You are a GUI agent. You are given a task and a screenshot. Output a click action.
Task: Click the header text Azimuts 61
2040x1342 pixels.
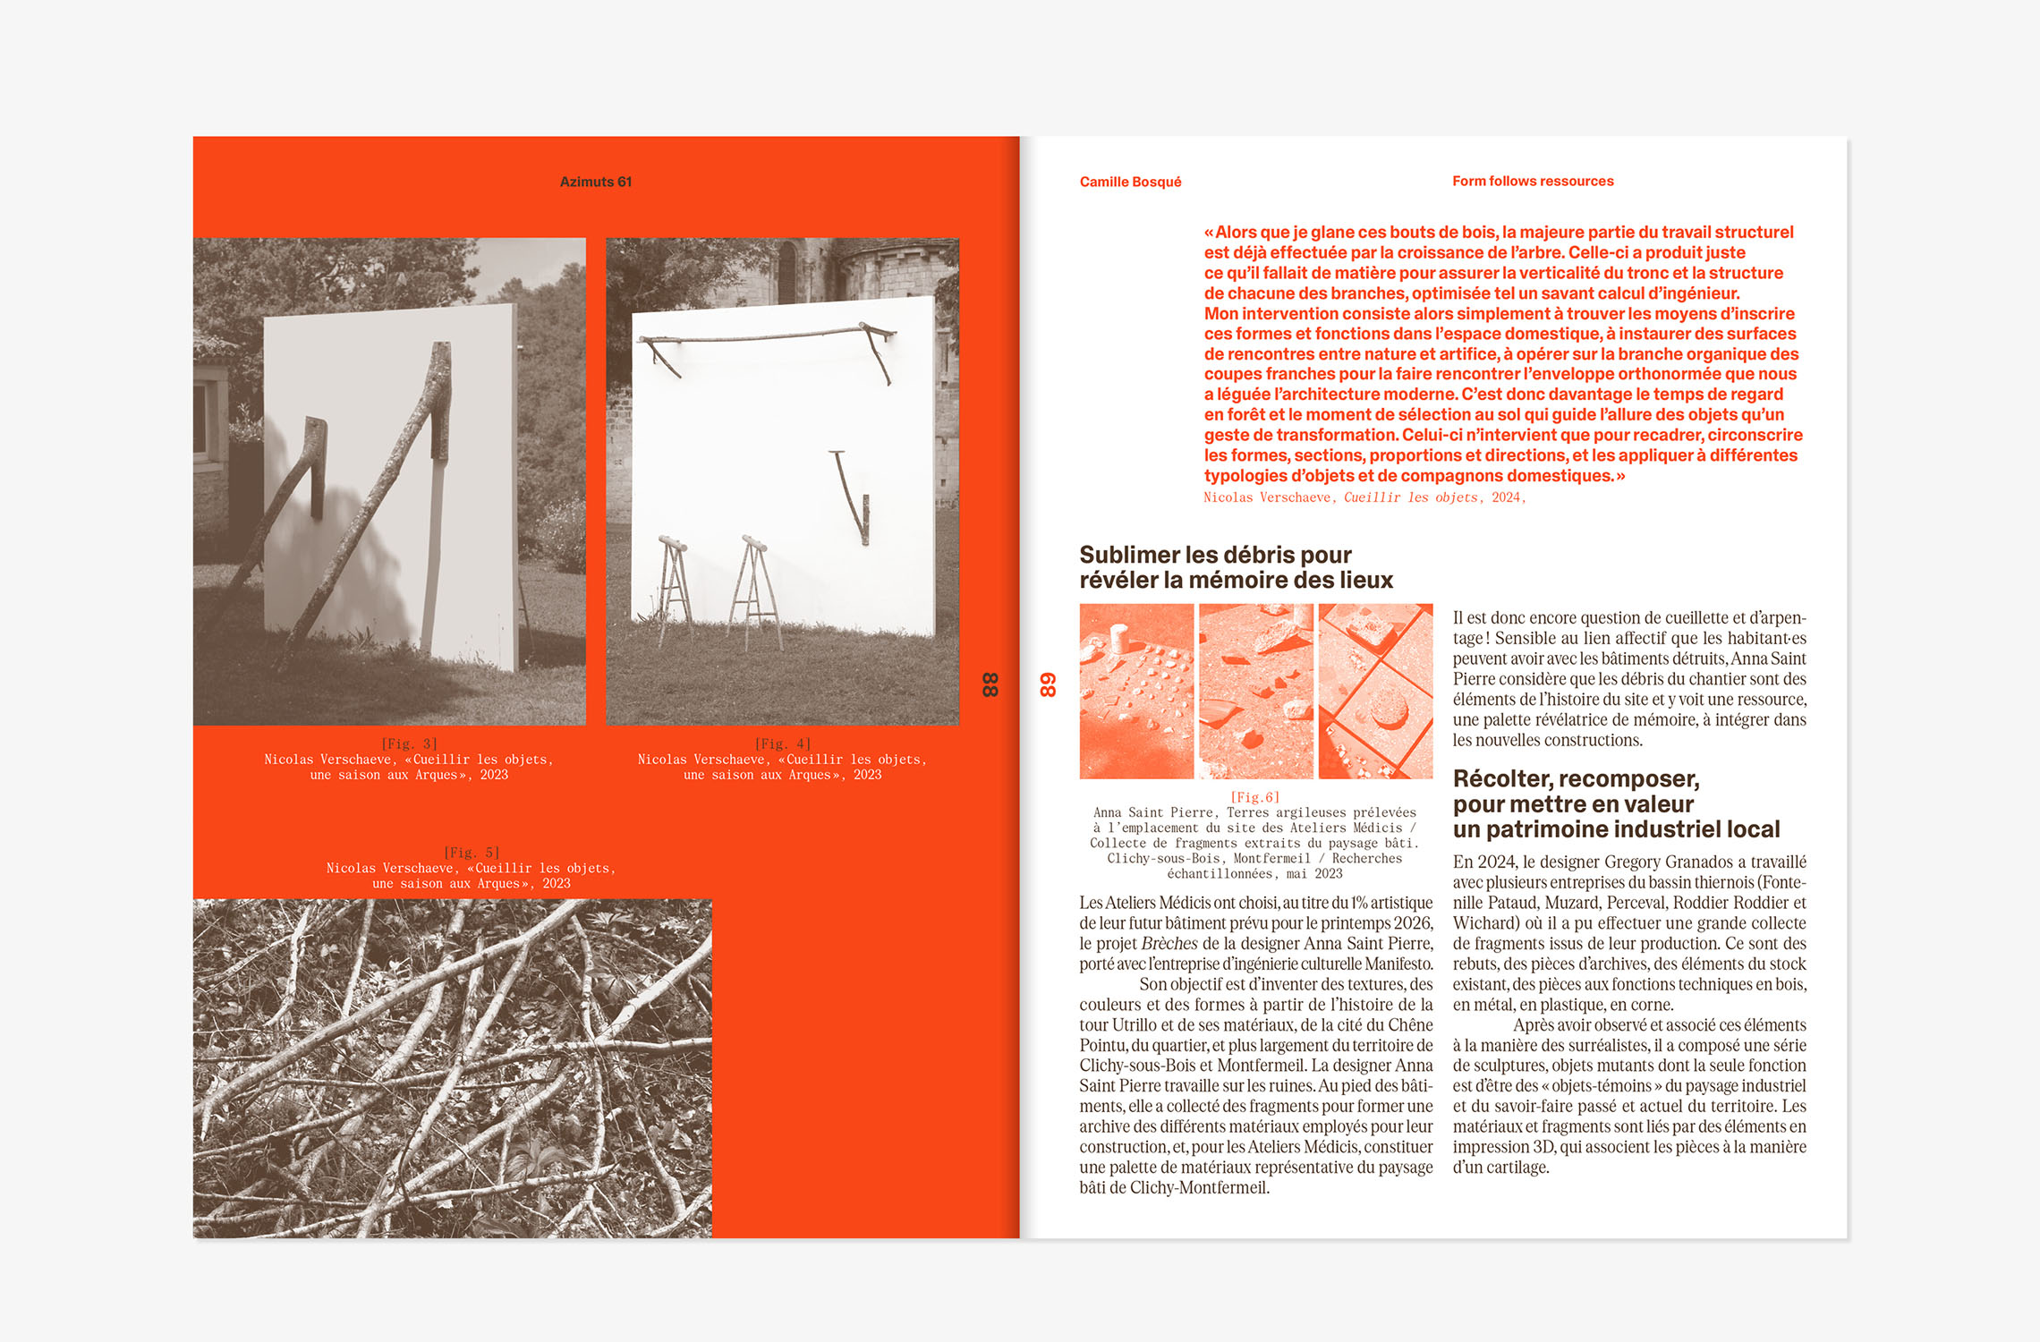coord(595,182)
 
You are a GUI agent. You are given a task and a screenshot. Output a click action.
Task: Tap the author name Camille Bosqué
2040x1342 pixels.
coord(1130,182)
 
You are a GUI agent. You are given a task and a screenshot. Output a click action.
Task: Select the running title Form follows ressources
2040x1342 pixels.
coord(1532,181)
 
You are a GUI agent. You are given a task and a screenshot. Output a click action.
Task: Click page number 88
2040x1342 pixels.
coord(990,684)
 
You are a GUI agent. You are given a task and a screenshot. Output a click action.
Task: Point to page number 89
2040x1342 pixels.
coord(1048,684)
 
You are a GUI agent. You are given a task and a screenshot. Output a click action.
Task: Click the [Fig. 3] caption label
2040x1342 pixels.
coord(409,743)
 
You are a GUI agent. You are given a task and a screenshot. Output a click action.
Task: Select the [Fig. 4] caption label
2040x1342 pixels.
coord(782,743)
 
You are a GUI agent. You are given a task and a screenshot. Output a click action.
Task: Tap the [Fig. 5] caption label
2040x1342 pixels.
coord(472,853)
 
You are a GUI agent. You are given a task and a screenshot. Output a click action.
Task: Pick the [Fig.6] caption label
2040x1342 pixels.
coord(1254,797)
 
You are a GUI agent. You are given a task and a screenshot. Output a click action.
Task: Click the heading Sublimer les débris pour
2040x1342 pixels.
coord(1214,555)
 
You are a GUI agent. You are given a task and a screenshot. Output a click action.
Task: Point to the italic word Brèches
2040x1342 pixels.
coord(1169,944)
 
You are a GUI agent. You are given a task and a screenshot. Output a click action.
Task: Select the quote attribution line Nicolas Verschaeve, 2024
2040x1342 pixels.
coord(1364,497)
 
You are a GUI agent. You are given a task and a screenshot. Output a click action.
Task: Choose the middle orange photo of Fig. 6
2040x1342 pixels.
coord(1255,691)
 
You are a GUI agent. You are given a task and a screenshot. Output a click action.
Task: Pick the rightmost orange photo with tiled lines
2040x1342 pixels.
coord(1375,691)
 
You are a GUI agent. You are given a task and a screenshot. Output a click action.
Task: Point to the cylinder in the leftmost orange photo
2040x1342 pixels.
coord(1118,639)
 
